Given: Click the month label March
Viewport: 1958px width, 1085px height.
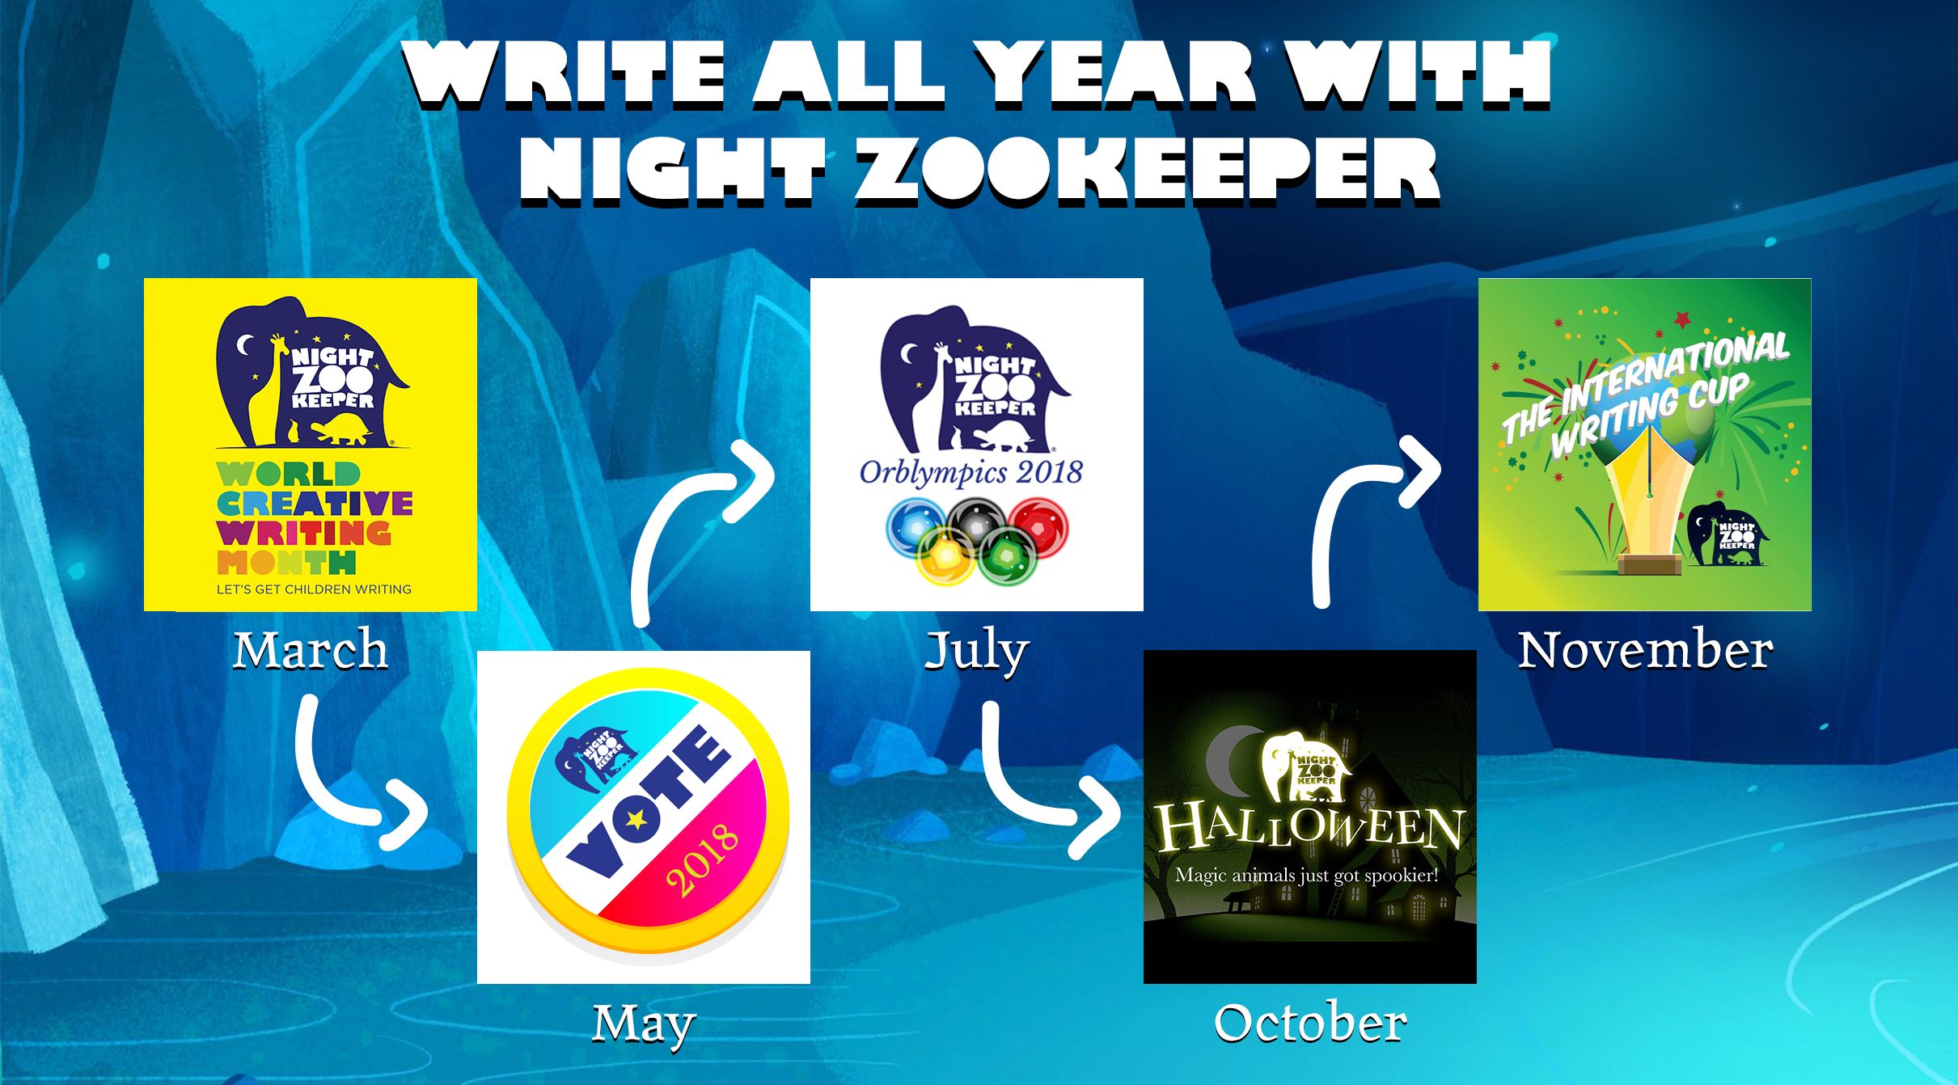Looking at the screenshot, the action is pos(311,650).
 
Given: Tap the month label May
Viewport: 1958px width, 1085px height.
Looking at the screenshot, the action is pos(644,1025).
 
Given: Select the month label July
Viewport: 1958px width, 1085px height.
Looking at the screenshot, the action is pos(977,652).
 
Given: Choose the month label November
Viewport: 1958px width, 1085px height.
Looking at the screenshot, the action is pos(1645,650).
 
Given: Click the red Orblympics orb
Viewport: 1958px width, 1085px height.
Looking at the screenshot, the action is pos(1038,526).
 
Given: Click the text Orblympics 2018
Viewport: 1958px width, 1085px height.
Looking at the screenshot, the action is pos(971,472).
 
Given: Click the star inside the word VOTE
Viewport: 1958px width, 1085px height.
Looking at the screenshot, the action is pos(636,820).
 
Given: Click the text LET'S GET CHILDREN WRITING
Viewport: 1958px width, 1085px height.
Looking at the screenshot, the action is pos(314,589).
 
